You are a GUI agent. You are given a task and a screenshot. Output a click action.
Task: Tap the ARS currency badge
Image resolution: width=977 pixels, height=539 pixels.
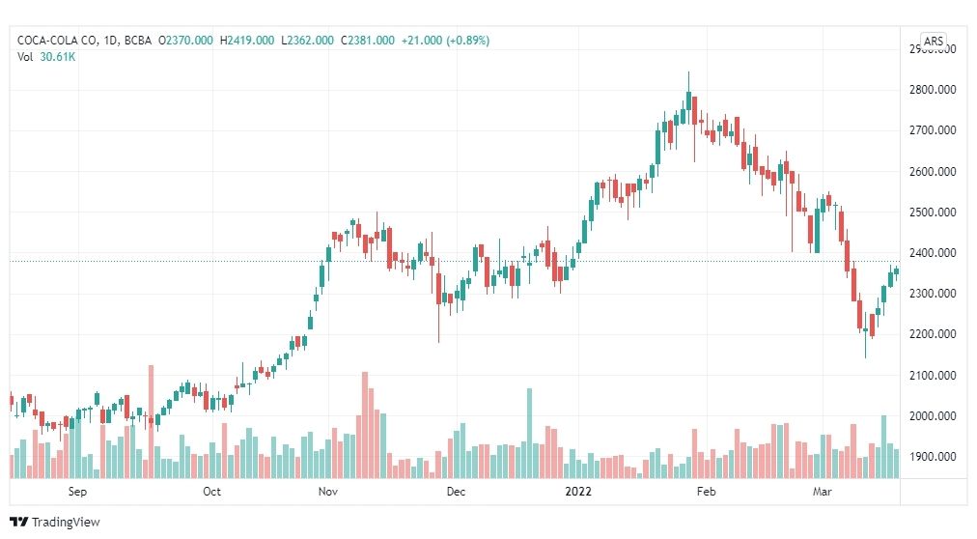[934, 41]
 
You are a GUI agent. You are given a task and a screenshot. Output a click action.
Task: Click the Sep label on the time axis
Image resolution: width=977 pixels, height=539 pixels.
[78, 492]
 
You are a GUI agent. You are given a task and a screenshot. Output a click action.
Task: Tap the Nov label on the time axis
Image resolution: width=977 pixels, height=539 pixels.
[327, 492]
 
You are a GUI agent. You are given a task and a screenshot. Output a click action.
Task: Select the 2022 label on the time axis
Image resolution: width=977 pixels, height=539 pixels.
[580, 492]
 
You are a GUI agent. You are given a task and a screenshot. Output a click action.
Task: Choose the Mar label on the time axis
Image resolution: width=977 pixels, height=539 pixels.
[823, 492]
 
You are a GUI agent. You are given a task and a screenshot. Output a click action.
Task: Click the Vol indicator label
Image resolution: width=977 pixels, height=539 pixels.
[25, 57]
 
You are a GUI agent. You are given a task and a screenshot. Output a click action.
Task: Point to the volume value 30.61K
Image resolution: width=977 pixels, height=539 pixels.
[57, 57]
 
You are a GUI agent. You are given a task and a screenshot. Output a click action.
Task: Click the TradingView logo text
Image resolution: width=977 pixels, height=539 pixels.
[65, 523]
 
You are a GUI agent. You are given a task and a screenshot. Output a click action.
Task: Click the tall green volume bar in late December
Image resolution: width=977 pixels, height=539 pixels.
[529, 433]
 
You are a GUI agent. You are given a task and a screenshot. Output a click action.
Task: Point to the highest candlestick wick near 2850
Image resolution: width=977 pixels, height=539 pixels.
[688, 73]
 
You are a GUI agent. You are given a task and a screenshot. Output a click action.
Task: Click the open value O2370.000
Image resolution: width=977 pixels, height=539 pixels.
[188, 41]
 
